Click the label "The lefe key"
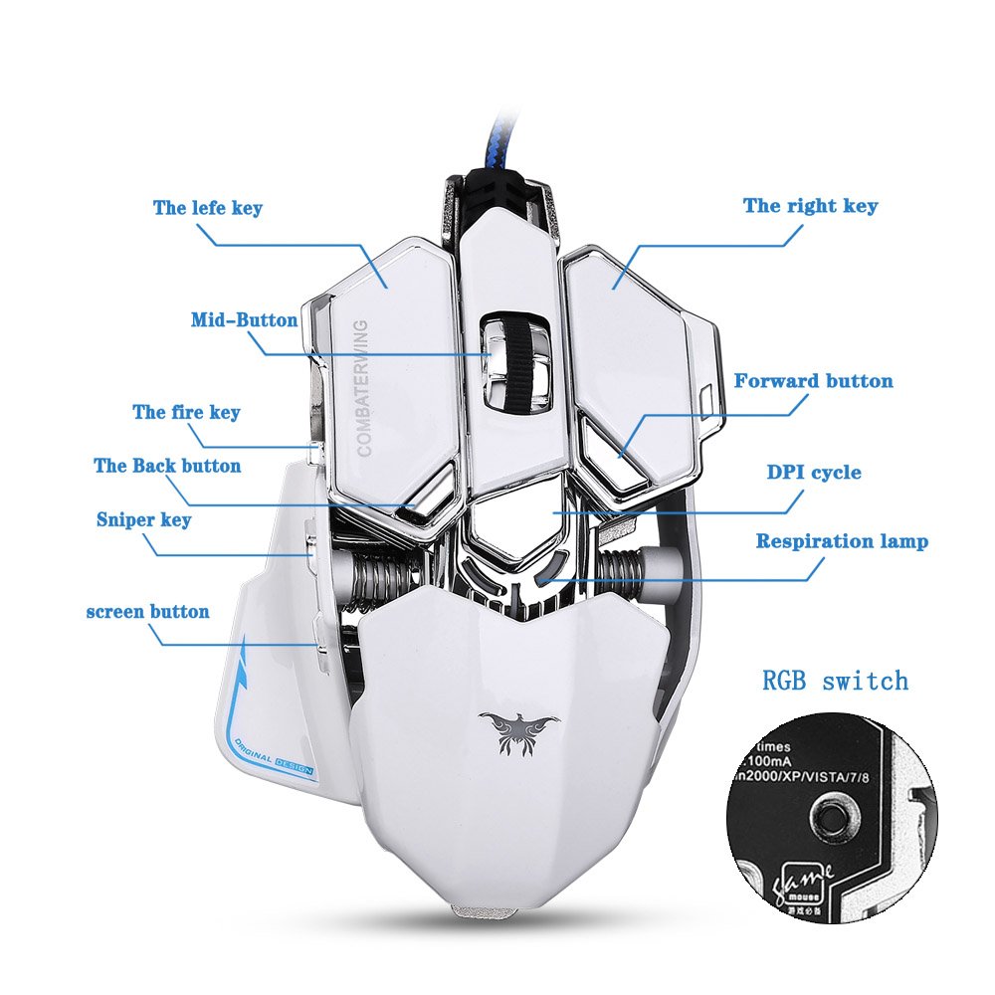coord(207,208)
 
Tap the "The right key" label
coord(810,206)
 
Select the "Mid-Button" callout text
coord(244,320)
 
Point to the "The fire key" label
coord(186,412)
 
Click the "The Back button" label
coord(167,466)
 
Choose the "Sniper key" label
coord(143,519)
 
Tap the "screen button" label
coord(147,611)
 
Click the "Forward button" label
coord(813,381)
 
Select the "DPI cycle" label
coord(813,472)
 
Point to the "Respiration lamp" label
coord(842,541)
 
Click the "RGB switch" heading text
coord(835,682)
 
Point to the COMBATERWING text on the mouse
coord(362,387)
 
